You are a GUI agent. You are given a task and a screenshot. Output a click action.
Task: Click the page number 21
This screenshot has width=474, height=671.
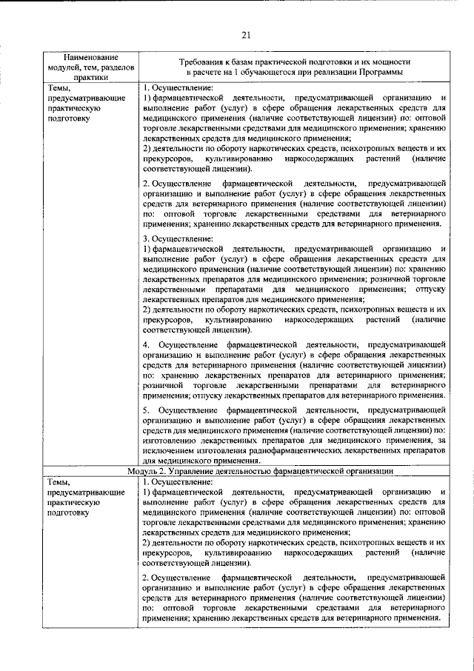pos(247,33)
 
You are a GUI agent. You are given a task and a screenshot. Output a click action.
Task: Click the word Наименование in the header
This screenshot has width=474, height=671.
pos(91,57)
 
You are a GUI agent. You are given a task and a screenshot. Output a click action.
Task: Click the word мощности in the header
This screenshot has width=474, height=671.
pos(390,63)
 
